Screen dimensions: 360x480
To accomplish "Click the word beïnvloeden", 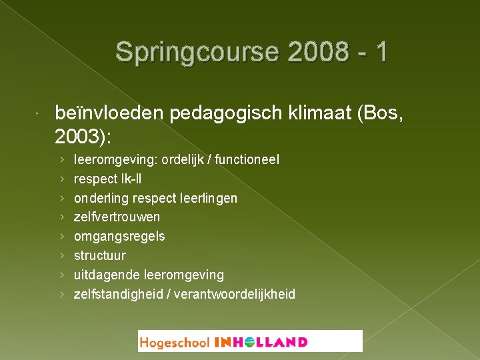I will [x=110, y=115].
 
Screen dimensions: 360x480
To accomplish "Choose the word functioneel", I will [x=254, y=160].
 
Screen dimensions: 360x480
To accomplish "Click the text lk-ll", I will [x=129, y=179].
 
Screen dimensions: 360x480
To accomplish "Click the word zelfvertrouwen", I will [x=117, y=217].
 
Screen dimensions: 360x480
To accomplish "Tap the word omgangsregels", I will [x=119, y=237].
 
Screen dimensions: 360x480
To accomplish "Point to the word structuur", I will [x=99, y=255].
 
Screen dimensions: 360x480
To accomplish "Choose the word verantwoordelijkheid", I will [x=235, y=294].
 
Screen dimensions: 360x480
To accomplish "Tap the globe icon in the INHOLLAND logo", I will [x=249, y=342].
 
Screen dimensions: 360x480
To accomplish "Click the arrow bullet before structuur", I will [x=61, y=256].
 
